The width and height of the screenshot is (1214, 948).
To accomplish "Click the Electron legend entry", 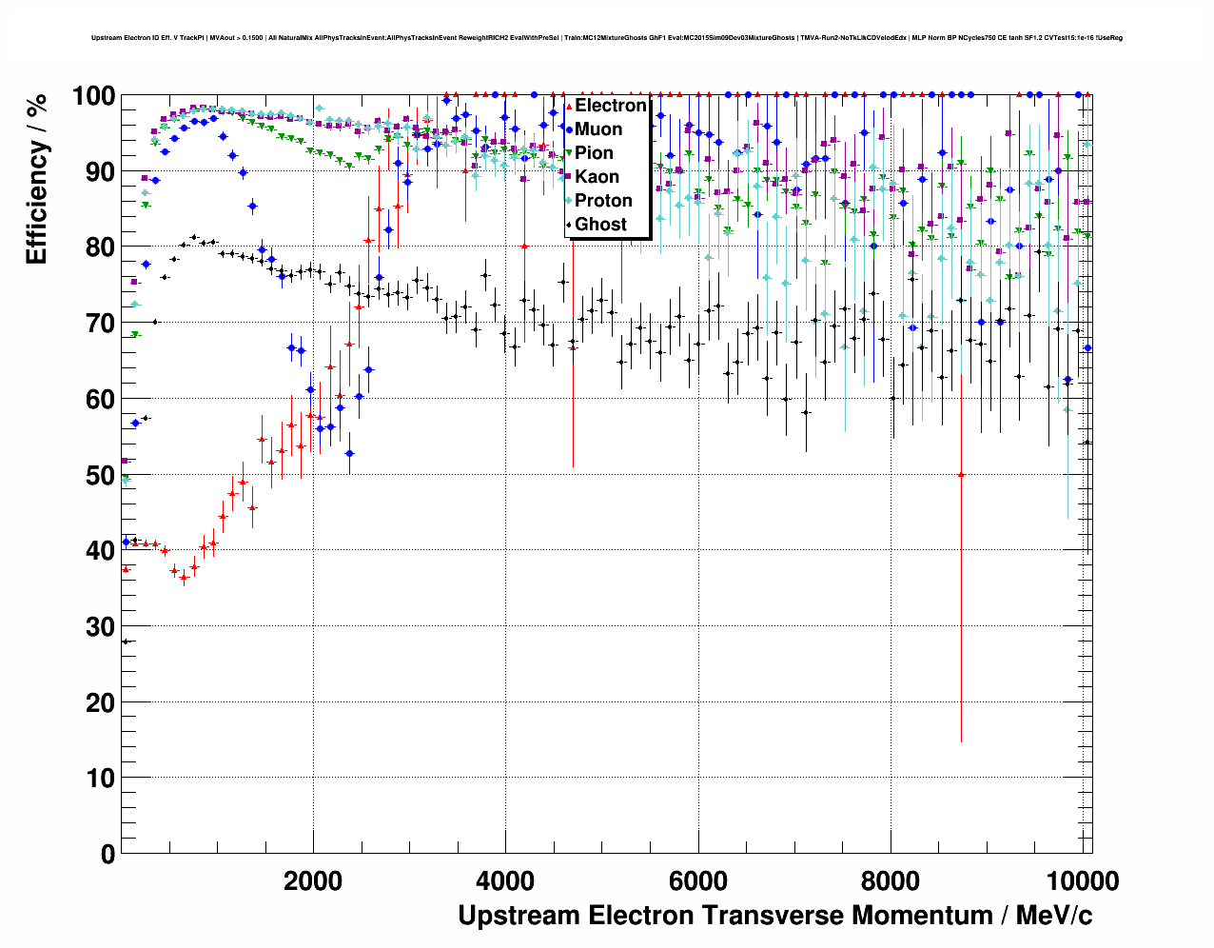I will click(x=610, y=106).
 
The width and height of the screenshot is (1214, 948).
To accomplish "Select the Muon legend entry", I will click(x=598, y=129).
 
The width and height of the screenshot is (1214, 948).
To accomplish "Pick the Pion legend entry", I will click(x=594, y=153).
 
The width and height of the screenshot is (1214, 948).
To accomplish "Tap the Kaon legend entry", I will click(x=597, y=177).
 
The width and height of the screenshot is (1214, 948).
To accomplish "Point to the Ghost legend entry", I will click(x=600, y=225).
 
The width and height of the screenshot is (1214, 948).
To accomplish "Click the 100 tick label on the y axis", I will click(x=94, y=96).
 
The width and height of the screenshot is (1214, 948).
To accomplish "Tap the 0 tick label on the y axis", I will click(x=108, y=854).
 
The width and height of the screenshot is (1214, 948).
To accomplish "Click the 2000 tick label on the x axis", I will click(x=313, y=880).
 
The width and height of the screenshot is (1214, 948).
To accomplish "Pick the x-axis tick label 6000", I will click(x=698, y=880).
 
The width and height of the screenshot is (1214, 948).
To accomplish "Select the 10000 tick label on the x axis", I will click(x=1082, y=880).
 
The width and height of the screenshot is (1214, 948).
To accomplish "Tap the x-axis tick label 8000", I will click(x=891, y=880).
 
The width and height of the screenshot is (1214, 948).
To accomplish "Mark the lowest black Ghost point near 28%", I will click(x=126, y=642).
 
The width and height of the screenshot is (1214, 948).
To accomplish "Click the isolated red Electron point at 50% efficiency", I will click(x=961, y=474).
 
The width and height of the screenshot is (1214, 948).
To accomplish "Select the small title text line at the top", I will click(x=606, y=38).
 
